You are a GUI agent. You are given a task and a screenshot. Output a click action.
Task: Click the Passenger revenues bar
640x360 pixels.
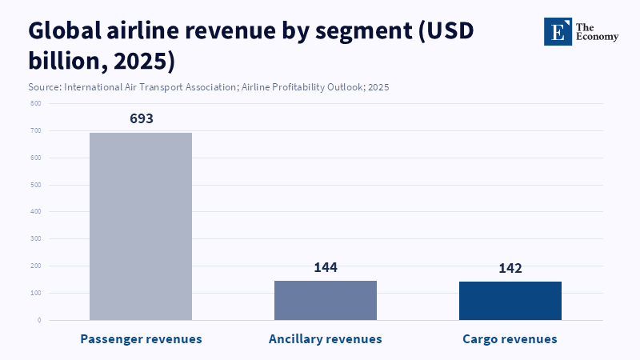(141, 226)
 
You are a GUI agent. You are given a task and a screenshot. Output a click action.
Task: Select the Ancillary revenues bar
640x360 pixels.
(326, 300)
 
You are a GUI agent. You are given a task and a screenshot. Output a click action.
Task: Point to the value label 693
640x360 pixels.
(141, 118)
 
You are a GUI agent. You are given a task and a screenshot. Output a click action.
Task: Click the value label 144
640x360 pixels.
(326, 267)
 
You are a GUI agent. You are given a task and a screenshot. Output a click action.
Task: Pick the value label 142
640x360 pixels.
(510, 268)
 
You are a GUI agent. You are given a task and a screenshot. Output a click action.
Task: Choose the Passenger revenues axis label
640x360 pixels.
(141, 339)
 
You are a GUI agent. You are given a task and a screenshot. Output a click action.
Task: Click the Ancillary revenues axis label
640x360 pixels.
(326, 339)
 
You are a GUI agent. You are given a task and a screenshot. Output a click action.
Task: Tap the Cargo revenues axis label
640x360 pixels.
(510, 339)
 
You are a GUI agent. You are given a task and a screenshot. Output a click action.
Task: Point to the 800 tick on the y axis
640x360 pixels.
(36, 103)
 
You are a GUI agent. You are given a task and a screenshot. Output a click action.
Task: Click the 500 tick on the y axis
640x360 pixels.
(36, 185)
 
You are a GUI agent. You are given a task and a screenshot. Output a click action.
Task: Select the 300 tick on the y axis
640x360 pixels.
(36, 239)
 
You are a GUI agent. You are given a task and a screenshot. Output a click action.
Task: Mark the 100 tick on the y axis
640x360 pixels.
(36, 293)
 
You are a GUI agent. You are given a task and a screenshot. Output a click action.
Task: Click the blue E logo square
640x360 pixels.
(558, 31)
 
